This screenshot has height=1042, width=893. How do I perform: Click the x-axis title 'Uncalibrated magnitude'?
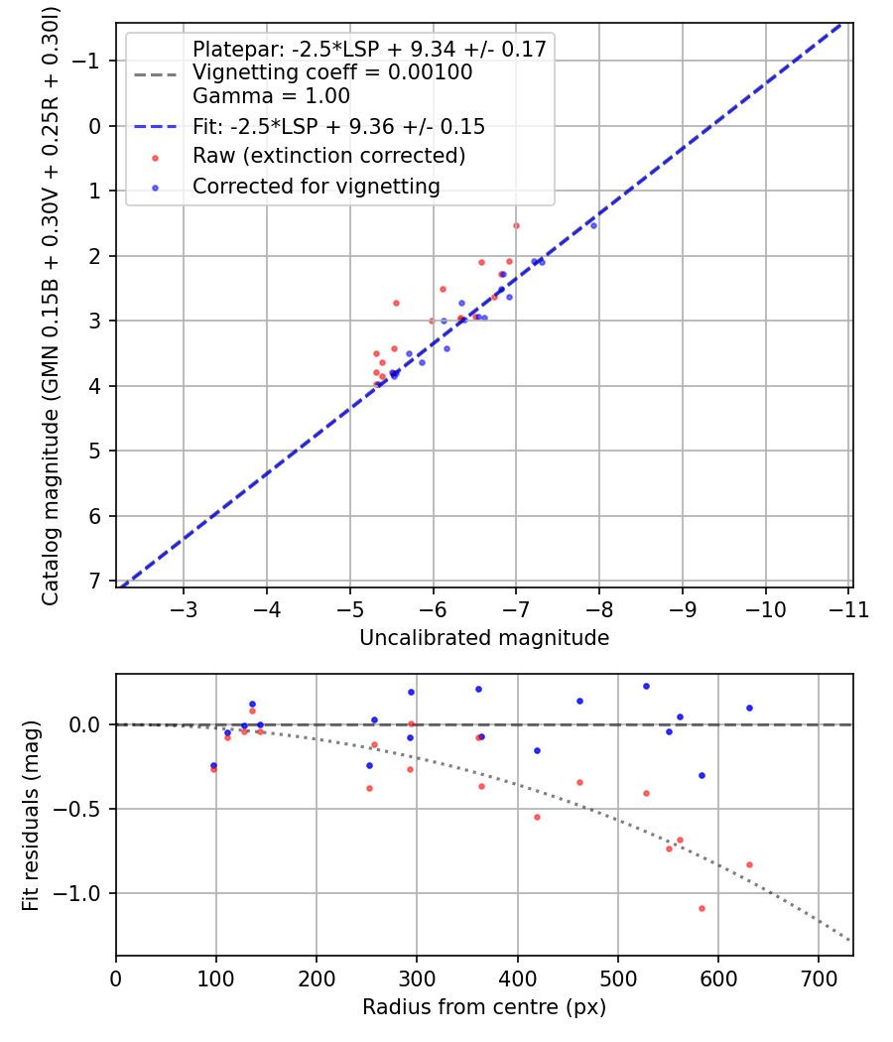coord(484,638)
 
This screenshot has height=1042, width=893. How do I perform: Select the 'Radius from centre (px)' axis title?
coord(484,1007)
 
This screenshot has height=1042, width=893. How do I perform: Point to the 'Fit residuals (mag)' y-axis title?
coord(31,816)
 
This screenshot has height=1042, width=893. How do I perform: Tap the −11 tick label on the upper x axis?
coord(848,610)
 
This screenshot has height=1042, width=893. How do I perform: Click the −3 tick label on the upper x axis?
coord(184,610)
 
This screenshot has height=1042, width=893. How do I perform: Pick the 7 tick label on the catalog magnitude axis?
coord(94,582)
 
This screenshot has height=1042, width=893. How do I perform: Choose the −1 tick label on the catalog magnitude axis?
coord(85,62)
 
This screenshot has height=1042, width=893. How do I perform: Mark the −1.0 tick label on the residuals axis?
coord(77,894)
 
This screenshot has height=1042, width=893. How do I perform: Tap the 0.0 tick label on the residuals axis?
coord(85,724)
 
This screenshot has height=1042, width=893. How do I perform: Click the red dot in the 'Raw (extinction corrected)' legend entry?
coord(155,158)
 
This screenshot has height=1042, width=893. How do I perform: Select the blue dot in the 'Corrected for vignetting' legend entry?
coord(155,189)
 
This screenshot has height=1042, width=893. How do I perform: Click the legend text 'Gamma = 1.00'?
coord(271,96)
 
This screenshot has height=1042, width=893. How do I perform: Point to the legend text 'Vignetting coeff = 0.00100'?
coord(332,71)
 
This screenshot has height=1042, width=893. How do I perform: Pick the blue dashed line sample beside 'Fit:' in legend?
coord(156,127)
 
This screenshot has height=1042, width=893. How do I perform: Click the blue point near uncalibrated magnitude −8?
coord(593,226)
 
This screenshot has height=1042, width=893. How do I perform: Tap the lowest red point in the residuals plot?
coord(702,908)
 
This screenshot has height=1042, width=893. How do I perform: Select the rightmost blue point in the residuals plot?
coord(749,708)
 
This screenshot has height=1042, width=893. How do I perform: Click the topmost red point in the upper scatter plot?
coord(516,226)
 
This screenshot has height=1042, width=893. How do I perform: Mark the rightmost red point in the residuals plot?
coord(749,864)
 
